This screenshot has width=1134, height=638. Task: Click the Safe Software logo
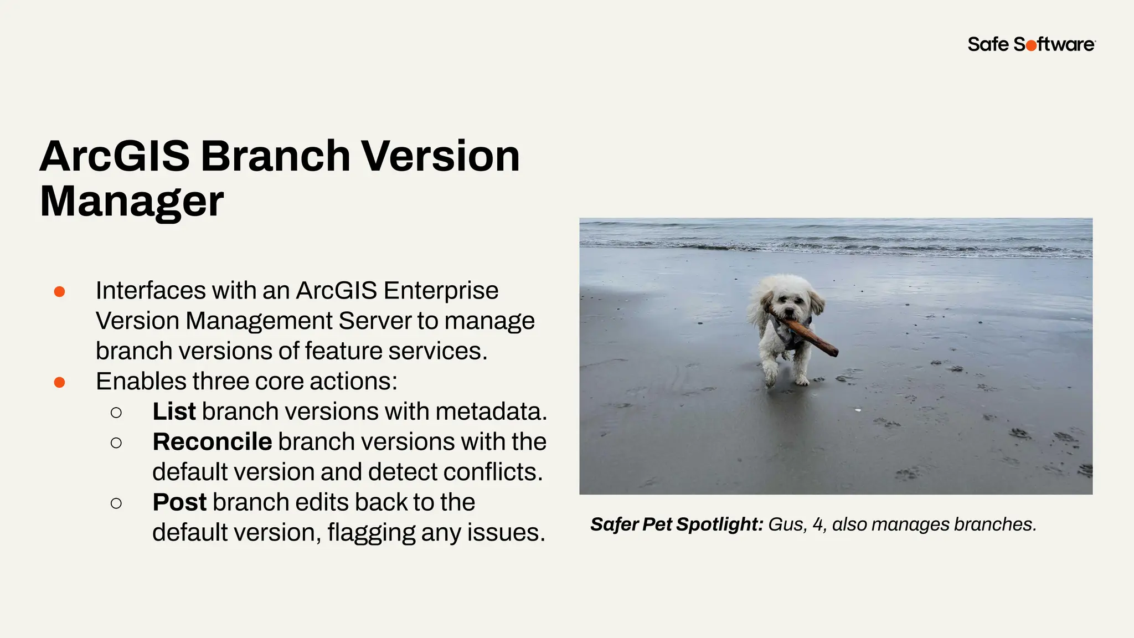(1031, 44)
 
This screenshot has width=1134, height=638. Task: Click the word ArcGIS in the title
(114, 156)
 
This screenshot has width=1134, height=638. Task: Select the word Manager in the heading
(132, 202)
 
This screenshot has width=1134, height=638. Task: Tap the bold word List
(174, 411)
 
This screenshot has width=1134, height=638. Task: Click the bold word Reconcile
(212, 442)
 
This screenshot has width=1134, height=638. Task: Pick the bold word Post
(179, 502)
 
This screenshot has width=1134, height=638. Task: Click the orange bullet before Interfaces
(60, 292)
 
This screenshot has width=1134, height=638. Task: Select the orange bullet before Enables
(60, 382)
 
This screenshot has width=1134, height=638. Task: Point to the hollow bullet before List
(116, 413)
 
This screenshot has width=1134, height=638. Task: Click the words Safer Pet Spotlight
(677, 524)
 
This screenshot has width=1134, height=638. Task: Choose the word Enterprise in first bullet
(441, 291)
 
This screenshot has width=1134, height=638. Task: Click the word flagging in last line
(371, 533)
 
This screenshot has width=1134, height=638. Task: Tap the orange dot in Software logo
(1031, 46)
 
